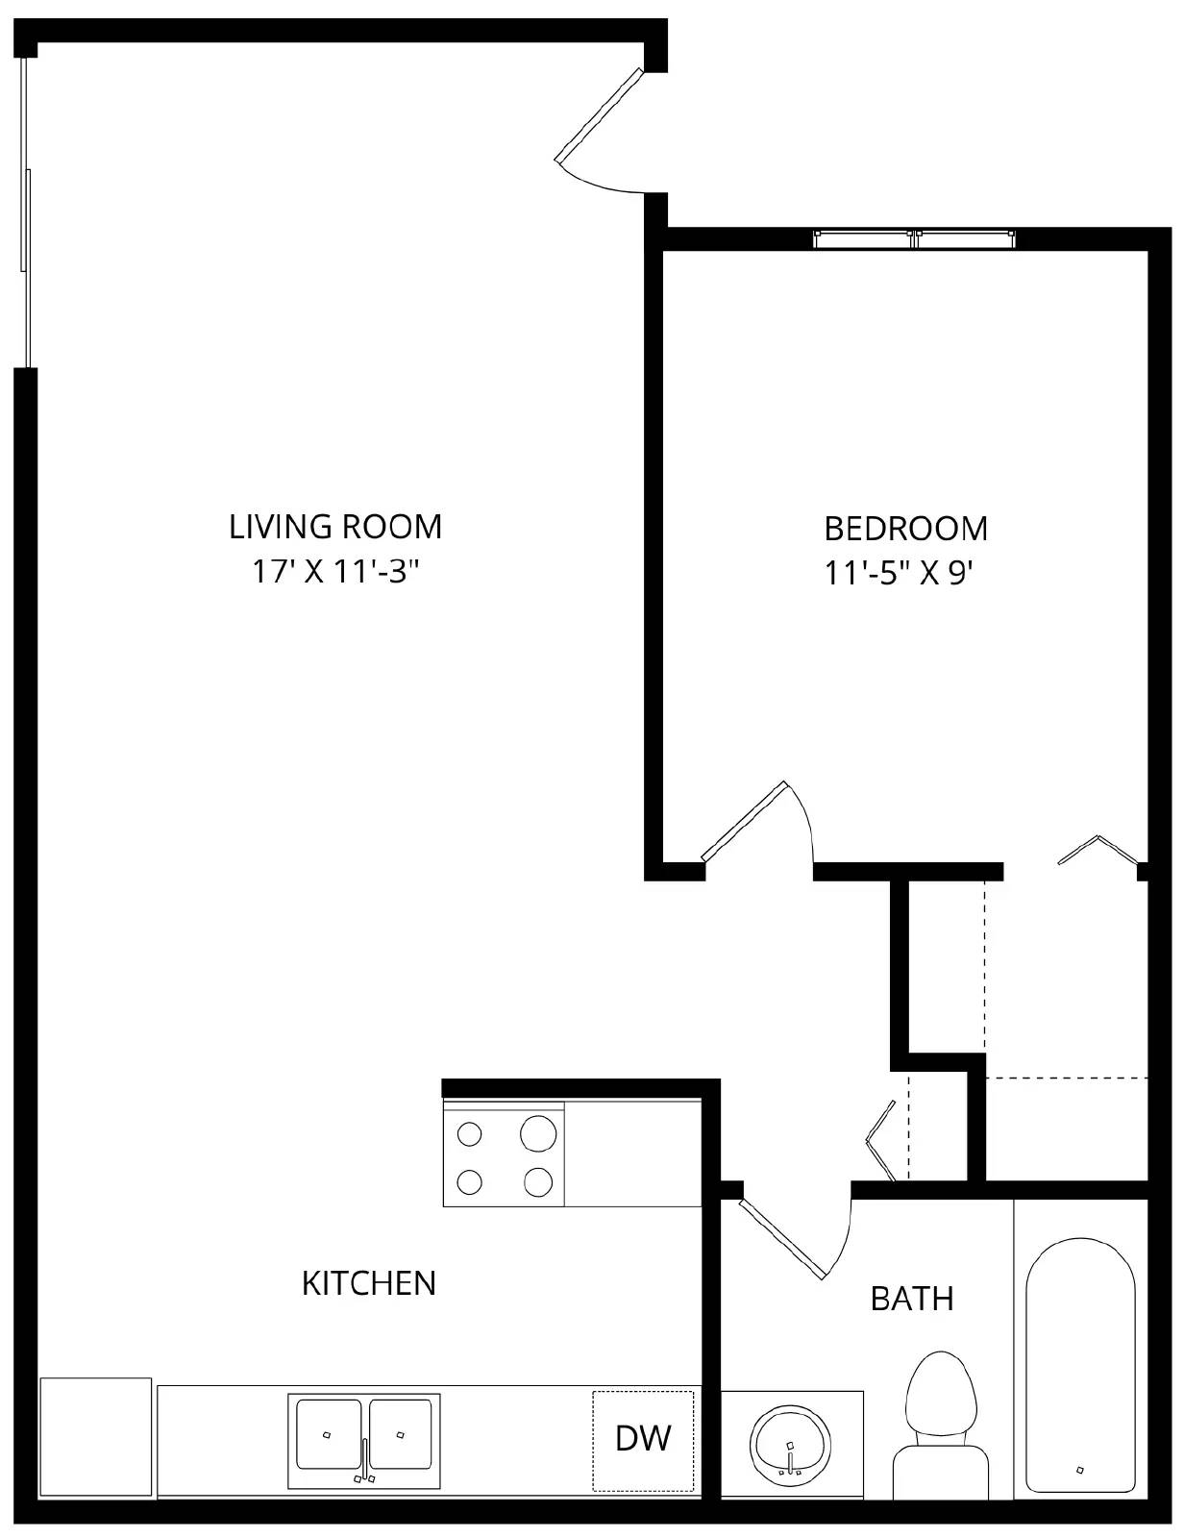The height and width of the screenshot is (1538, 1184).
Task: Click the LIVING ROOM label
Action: [335, 527]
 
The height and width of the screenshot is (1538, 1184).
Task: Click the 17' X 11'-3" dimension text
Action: [335, 572]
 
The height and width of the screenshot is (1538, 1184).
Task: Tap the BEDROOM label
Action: [905, 529]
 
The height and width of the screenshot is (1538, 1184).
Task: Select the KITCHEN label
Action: [369, 1283]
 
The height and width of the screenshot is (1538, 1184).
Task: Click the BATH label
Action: [912, 1299]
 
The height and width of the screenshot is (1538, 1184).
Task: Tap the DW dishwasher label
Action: [643, 1439]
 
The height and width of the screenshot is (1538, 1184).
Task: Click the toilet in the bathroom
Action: [941, 1403]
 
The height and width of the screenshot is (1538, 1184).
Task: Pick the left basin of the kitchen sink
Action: [329, 1434]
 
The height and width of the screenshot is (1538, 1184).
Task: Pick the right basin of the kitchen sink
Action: [401, 1434]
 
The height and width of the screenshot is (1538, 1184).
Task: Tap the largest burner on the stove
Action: [538, 1133]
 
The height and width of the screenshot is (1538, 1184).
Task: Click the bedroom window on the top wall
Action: [914, 238]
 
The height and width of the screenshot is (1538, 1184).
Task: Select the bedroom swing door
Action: [745, 822]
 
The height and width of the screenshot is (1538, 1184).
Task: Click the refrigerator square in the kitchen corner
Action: [96, 1437]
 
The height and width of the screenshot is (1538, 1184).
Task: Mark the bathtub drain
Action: [1080, 1469]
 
